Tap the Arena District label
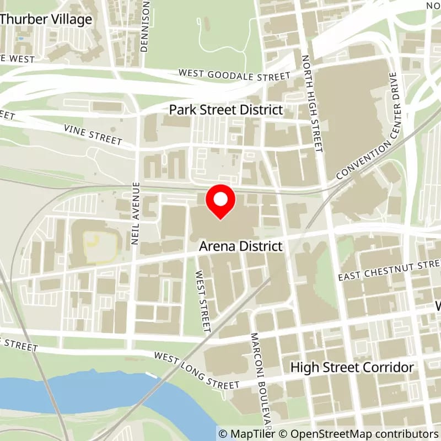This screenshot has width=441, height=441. click(x=240, y=246)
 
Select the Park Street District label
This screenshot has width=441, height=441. click(x=226, y=110)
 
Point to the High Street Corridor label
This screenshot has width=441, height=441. click(x=352, y=367)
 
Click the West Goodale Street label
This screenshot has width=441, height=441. click(x=234, y=74)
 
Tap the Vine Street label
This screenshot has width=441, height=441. click(x=93, y=134)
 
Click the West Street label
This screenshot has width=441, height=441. click(x=203, y=301)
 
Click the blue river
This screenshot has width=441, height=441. click(x=83, y=391)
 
